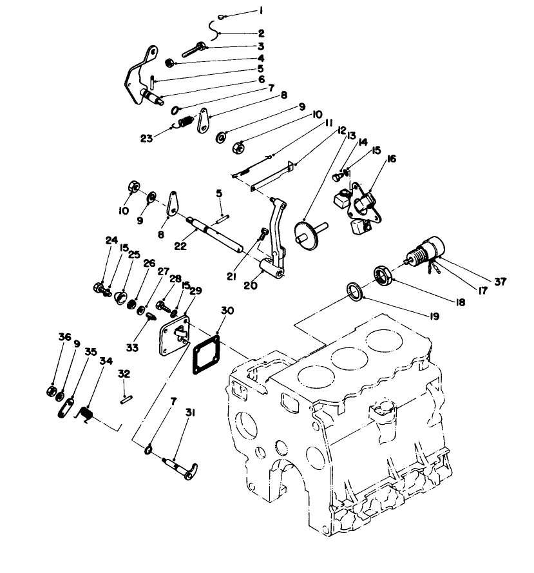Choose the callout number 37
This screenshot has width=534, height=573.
500,282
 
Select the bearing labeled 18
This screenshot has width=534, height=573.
384,275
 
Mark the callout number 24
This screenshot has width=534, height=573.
108,240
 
